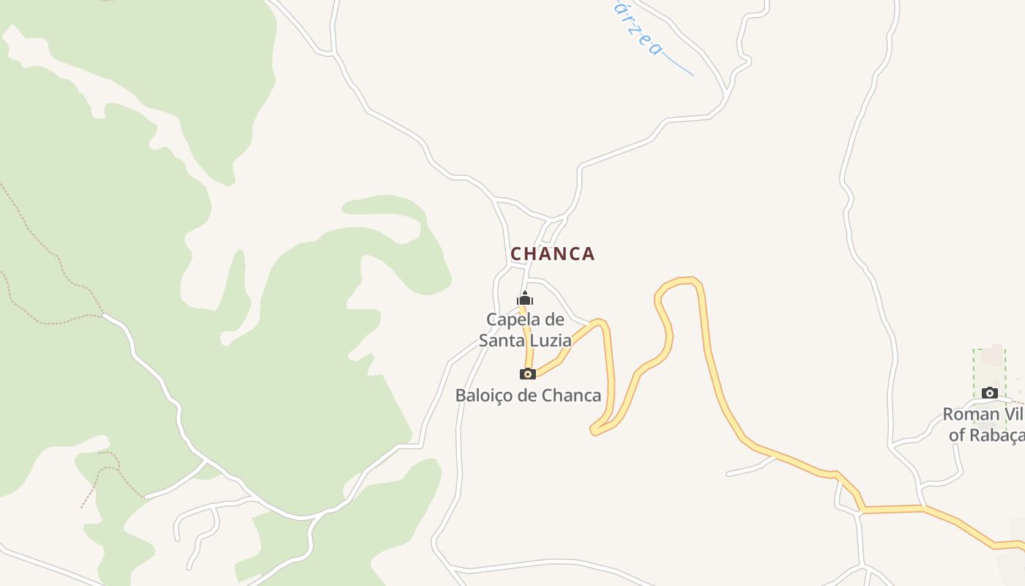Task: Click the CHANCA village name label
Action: tap(553, 254)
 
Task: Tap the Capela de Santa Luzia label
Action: tap(525, 330)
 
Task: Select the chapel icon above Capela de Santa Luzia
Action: tap(525, 298)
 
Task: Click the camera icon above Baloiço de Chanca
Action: tap(527, 374)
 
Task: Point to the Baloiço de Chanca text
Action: tap(528, 396)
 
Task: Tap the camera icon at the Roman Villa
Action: tap(990, 393)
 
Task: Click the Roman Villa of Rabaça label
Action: tap(983, 425)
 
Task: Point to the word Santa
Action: tap(502, 341)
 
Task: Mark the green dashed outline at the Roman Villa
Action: tap(974, 374)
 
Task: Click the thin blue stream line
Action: tap(677, 66)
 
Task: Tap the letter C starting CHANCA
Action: tap(516, 254)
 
